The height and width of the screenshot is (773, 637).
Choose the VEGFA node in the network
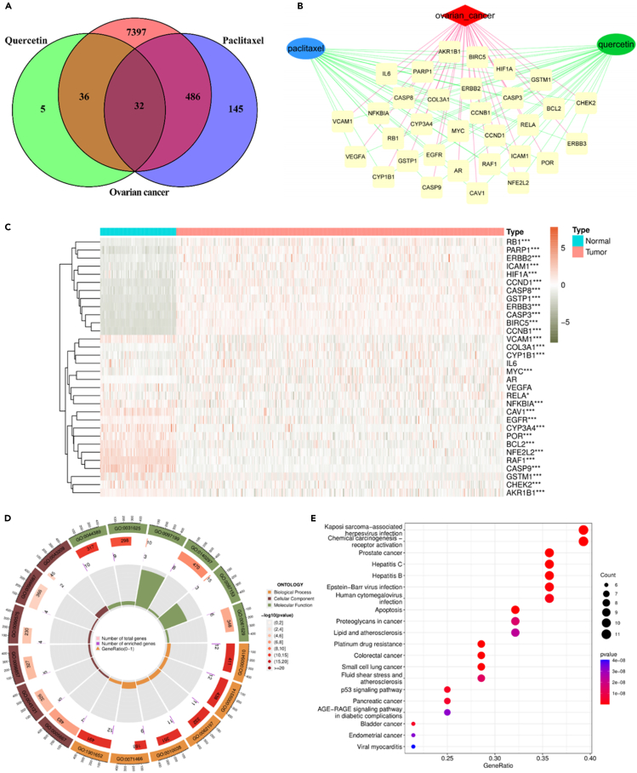click(x=355, y=156)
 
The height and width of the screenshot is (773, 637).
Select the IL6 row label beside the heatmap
click(x=512, y=364)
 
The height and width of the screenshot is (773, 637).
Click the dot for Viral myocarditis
click(x=412, y=747)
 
